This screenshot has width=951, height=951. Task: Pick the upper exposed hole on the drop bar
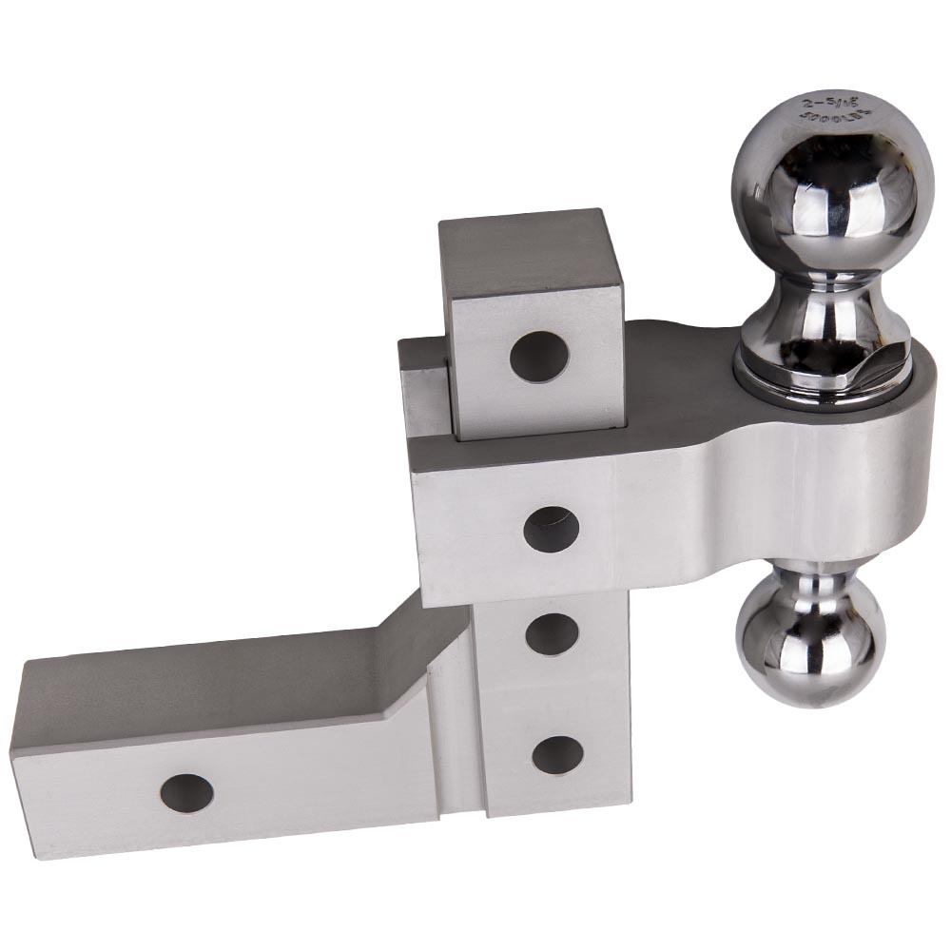[x=553, y=632]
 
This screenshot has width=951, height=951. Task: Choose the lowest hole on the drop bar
[x=556, y=754]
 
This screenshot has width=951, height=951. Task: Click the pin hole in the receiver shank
[x=185, y=792]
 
